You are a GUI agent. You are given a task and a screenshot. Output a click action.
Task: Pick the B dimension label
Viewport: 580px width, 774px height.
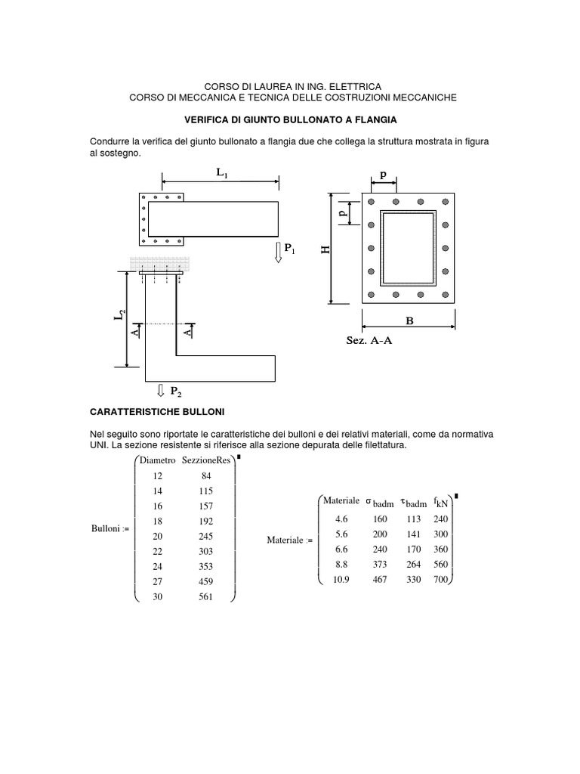click(410, 321)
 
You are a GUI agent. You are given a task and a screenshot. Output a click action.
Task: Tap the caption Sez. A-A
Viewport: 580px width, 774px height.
click(370, 341)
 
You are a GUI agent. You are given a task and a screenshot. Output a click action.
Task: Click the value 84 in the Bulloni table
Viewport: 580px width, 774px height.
click(206, 476)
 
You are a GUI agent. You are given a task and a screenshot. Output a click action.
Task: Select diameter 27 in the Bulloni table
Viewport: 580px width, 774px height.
click(157, 582)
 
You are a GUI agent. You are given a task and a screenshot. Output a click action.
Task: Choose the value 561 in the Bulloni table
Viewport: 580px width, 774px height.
click(206, 597)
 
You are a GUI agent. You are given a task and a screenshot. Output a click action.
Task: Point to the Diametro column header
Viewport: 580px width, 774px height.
click(157, 460)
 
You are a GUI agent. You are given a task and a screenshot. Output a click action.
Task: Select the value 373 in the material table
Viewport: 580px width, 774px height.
click(380, 565)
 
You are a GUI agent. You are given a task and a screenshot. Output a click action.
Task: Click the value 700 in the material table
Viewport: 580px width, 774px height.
click(441, 580)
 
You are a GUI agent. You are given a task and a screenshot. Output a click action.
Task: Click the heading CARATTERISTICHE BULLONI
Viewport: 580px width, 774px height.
click(156, 412)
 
